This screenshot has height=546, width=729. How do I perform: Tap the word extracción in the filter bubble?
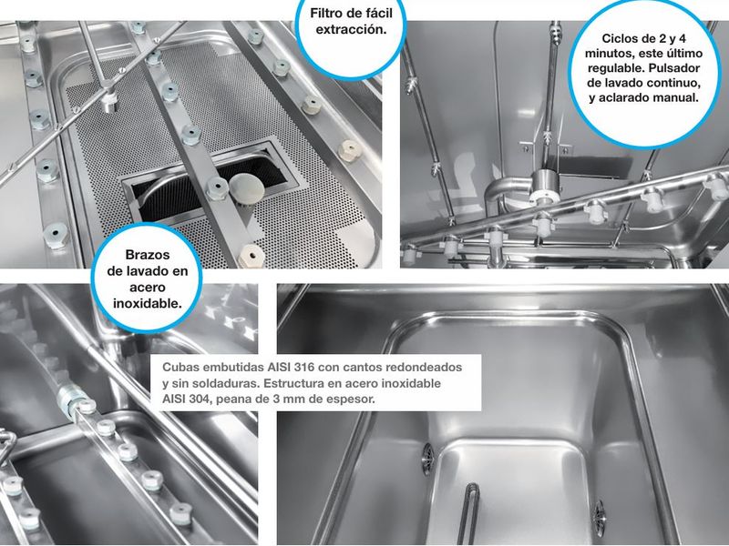[x=351, y=29]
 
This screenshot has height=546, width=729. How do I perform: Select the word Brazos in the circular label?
[x=148, y=255]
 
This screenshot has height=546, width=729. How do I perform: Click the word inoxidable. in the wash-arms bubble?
[x=148, y=303]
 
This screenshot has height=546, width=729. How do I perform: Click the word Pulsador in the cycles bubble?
[x=674, y=67]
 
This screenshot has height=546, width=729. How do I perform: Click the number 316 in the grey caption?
[x=304, y=368]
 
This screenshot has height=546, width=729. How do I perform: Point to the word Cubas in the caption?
[x=178, y=368]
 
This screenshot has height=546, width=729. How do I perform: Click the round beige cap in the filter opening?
[x=246, y=187]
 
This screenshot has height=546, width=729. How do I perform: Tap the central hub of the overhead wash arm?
[x=542, y=187]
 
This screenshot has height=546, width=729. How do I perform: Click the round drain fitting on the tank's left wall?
[x=427, y=459]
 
